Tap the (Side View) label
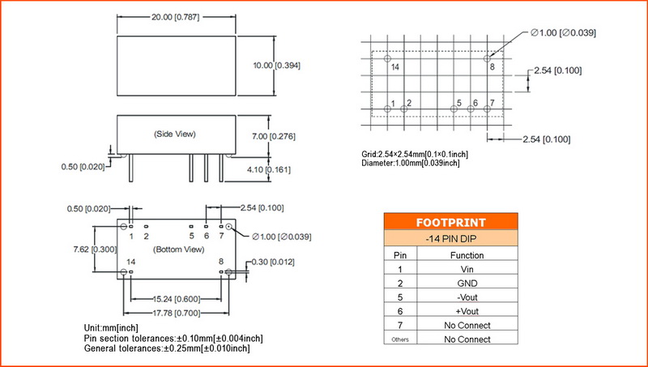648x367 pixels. [x=175, y=134]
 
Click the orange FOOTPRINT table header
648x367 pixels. [x=450, y=222]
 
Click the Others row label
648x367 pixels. [x=399, y=339]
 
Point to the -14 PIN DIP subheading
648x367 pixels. [x=450, y=239]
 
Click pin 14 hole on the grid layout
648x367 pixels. [x=388, y=58]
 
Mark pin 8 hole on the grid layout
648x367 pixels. [x=487, y=58]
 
